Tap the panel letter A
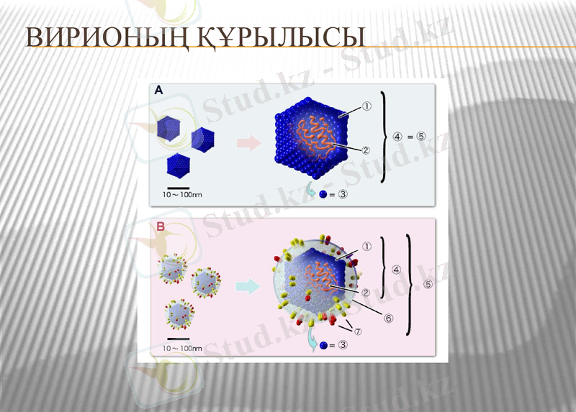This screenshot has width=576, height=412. (x=158, y=91)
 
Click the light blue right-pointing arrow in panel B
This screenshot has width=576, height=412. (x=248, y=286)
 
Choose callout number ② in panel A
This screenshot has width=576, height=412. (x=366, y=150)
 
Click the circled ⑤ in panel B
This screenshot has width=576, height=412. (x=428, y=284)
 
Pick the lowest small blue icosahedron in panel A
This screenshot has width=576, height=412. (x=178, y=165)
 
